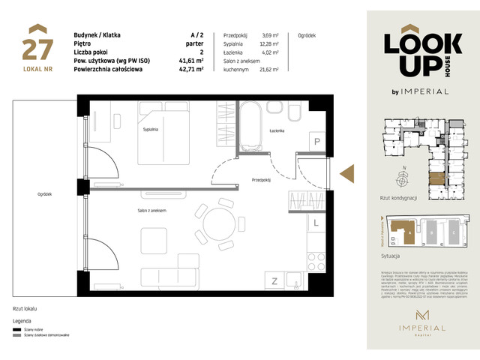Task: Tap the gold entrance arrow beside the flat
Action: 347,173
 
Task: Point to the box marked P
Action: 317,142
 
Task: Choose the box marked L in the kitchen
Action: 317,223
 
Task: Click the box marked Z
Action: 275,281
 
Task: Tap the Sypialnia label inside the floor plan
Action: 151,130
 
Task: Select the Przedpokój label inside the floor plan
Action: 261,179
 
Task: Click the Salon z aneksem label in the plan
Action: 151,211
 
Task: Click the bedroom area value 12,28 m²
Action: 270,44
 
